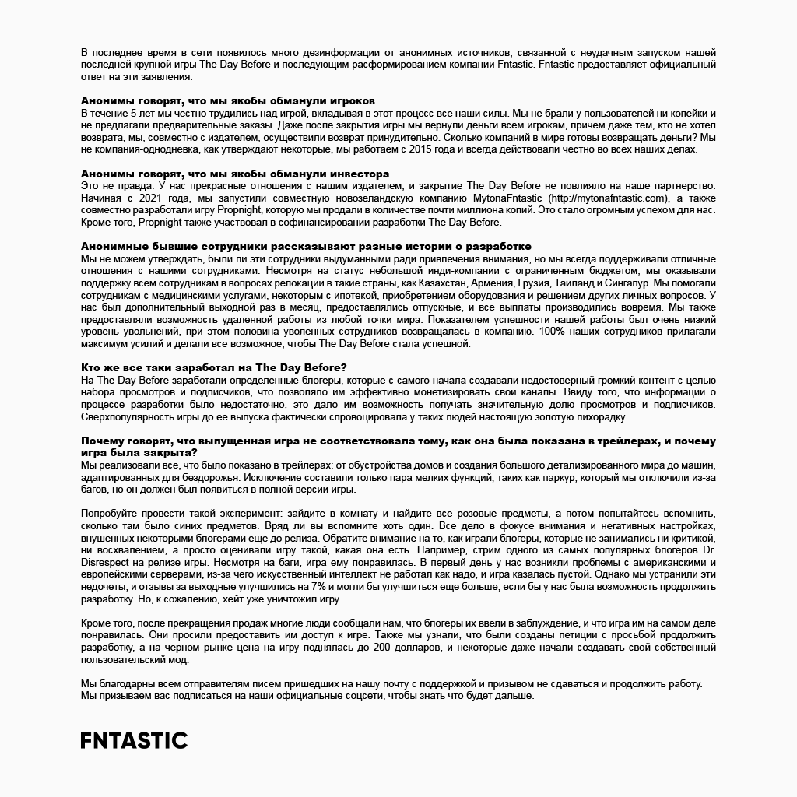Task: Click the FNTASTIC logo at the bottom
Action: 134,740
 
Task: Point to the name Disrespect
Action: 107,561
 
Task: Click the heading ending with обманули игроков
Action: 228,101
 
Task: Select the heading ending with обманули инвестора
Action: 235,174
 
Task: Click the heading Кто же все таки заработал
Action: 214,367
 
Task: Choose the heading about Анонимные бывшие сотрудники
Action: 306,246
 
